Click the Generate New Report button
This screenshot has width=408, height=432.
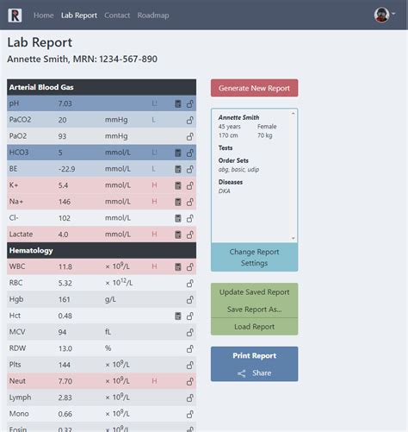254,88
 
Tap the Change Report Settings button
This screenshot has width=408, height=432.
254,257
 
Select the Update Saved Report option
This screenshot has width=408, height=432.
254,292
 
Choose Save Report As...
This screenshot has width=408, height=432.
254,310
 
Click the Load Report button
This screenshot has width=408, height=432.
254,327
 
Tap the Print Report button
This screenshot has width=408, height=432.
254,355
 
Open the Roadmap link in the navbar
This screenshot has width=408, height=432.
153,16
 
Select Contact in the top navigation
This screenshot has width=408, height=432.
117,16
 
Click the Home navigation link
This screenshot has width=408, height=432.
43,16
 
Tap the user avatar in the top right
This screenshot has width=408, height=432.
382,15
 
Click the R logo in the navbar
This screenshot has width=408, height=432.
15,15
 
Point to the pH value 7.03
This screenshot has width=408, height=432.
65,103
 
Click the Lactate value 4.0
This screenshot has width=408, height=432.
64,234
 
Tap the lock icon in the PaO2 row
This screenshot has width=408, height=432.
189,136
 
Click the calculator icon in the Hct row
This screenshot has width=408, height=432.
178,316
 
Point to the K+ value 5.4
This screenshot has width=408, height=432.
64,185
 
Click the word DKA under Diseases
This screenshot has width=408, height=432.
225,191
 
